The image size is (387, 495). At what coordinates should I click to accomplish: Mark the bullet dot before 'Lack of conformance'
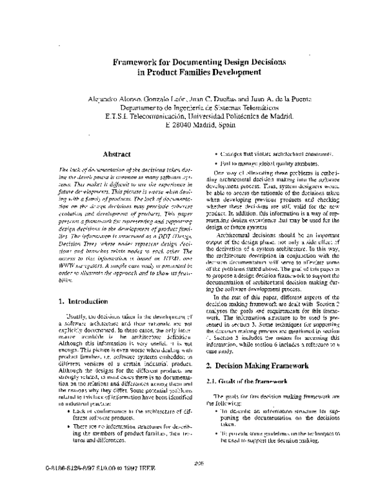click(59, 410)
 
